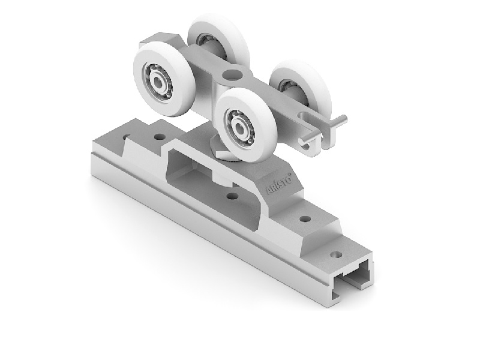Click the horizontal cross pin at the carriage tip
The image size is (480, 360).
[x=323, y=129]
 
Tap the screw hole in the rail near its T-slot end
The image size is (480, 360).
[x=336, y=254]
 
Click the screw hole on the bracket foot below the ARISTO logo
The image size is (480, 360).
[x=305, y=219]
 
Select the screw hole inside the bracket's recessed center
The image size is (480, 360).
[x=233, y=196]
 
